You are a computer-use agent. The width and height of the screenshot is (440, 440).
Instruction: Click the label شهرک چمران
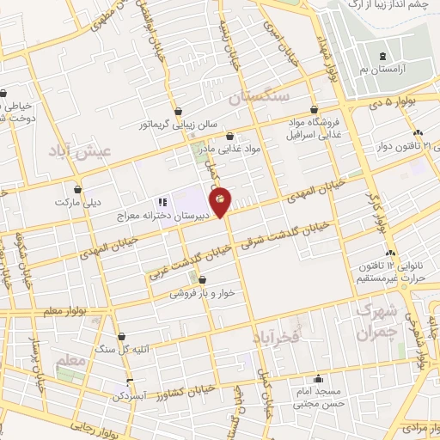(x=378, y=321)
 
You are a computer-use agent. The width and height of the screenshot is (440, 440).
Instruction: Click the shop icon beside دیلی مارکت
(x=78, y=189)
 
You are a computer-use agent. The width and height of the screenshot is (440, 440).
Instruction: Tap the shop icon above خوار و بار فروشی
(x=201, y=279)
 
